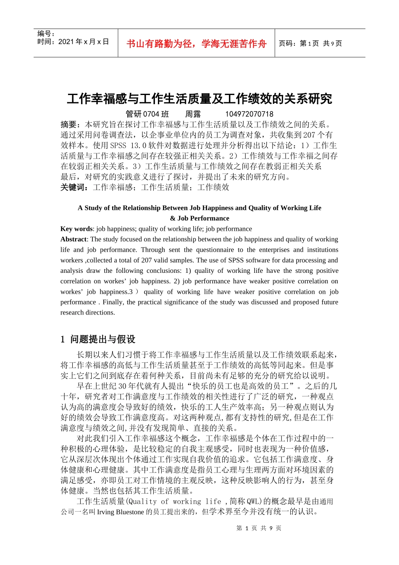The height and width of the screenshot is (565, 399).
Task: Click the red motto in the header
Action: (196, 44)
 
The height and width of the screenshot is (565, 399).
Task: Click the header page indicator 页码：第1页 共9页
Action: (310, 43)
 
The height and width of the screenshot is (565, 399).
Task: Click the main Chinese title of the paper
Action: (199, 99)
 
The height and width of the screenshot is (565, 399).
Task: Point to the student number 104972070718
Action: (249, 114)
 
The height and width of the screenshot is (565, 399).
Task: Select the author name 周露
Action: (193, 114)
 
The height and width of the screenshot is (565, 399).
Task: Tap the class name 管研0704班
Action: (147, 114)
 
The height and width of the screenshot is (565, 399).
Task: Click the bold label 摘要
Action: (70, 124)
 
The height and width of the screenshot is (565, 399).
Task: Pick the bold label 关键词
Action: (74, 187)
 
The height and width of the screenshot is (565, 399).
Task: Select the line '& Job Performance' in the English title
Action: (199, 218)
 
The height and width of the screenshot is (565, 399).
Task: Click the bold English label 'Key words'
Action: (76, 229)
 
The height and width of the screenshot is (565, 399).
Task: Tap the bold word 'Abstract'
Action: (73, 239)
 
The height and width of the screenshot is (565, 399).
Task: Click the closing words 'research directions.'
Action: (88, 312)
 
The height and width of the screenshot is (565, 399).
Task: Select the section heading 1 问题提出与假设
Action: (98, 339)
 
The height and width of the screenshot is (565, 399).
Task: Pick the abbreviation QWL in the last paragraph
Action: (253, 501)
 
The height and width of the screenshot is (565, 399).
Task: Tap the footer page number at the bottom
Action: (259, 528)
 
